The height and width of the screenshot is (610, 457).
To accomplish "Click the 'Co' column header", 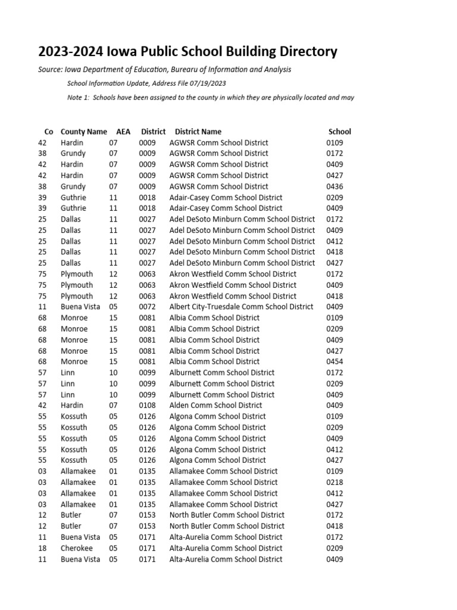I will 49,132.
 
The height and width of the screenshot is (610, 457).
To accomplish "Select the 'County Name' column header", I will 84,132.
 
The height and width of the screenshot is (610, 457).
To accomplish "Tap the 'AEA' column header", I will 123,132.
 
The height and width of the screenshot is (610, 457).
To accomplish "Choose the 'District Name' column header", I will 198,132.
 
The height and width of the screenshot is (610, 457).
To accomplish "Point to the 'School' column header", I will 340,132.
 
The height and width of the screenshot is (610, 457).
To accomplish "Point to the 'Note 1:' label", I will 78,97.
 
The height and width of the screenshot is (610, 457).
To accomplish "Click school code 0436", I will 334,186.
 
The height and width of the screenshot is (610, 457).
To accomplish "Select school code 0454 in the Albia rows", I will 334,362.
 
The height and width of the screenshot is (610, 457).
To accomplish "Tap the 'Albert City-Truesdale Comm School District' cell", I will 241,307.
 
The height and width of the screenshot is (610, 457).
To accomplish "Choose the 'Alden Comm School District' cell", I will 215,405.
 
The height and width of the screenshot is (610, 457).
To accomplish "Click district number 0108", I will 147,405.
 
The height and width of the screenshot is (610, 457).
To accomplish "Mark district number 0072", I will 147,307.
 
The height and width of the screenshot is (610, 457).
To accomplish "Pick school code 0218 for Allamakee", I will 334,482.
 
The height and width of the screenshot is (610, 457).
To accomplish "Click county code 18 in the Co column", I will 42,548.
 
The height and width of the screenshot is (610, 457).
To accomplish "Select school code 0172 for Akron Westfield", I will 334,274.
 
